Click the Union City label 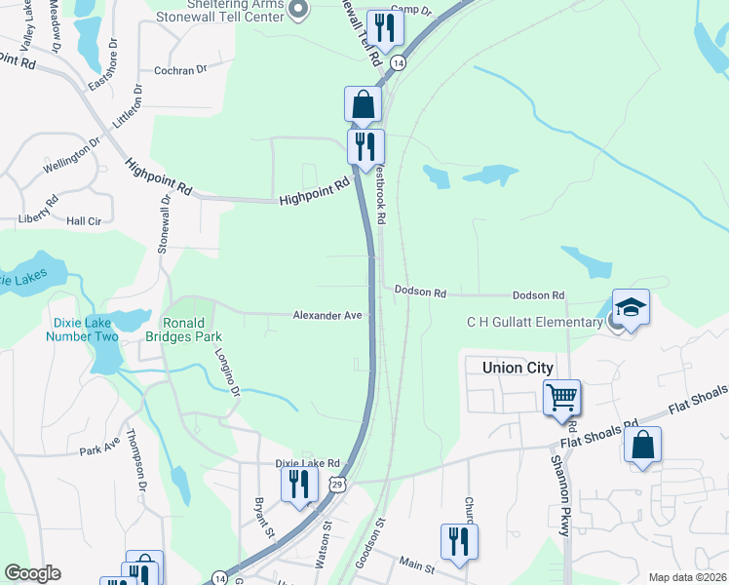point(518,368)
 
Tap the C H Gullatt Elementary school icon point(630,308)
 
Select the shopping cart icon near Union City point(561,398)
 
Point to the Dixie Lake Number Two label point(82,330)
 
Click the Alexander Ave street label point(328,315)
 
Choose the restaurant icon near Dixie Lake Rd point(299,486)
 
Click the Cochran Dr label point(181,70)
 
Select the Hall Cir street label point(84,221)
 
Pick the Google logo point(32,573)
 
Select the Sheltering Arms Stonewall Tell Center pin point(298,11)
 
